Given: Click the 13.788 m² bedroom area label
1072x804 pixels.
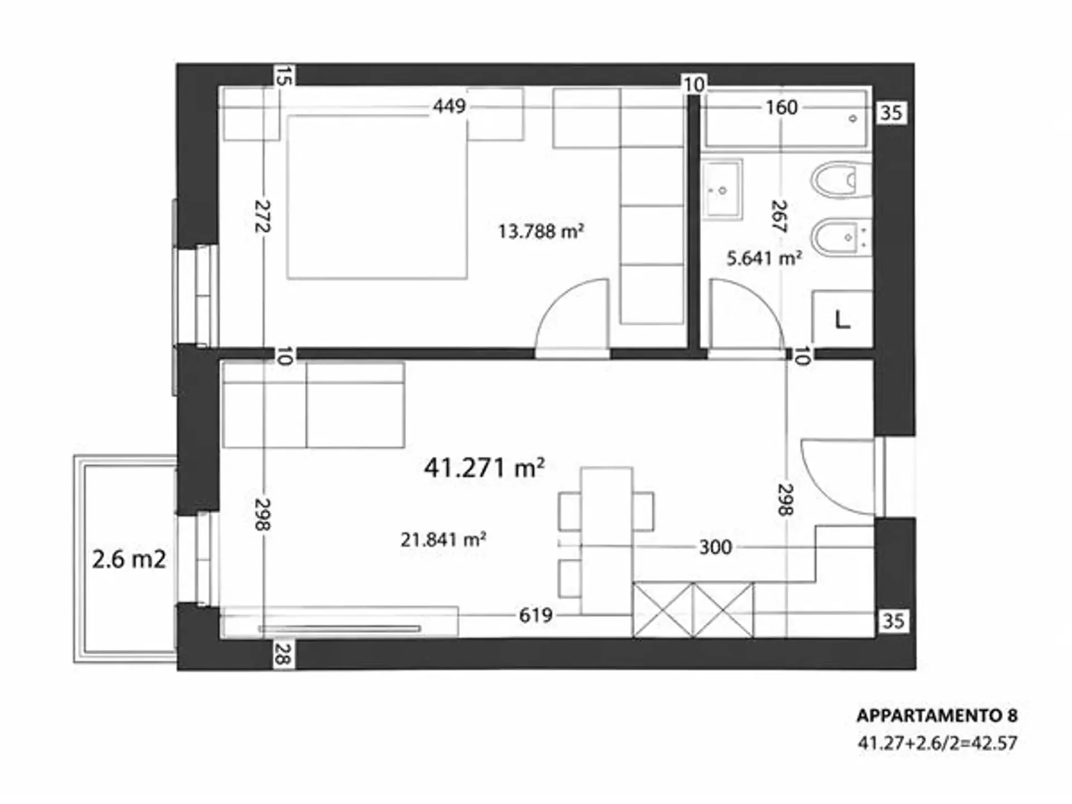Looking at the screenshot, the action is pos(541,231).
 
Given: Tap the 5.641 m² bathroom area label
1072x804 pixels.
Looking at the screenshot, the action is pos(764,258).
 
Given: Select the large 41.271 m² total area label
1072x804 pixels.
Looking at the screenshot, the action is pos(484,468).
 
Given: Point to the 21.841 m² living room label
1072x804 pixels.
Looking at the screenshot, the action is pos(443,539).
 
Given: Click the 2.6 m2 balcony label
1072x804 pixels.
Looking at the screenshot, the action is pos(129,559).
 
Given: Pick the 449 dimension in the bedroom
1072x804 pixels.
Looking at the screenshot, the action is pos(449,106).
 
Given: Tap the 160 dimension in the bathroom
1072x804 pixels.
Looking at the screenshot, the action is pos(781,107).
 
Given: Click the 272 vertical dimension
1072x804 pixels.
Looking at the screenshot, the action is pos(262,216).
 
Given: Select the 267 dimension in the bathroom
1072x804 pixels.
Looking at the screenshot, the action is pos(779,216).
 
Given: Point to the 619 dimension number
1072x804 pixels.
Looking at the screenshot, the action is pos(535,615).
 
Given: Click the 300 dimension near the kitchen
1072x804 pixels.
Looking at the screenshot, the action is pos(715,547).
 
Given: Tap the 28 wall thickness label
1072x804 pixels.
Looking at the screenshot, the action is pos(283,654).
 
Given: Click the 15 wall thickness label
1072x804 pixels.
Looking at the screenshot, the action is pos(284,76).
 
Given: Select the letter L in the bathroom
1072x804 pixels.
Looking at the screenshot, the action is pos(842,320).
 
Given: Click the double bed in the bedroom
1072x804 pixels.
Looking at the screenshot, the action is pos(377,197).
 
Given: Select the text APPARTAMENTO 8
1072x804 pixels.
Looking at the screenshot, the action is pos(937,716).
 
